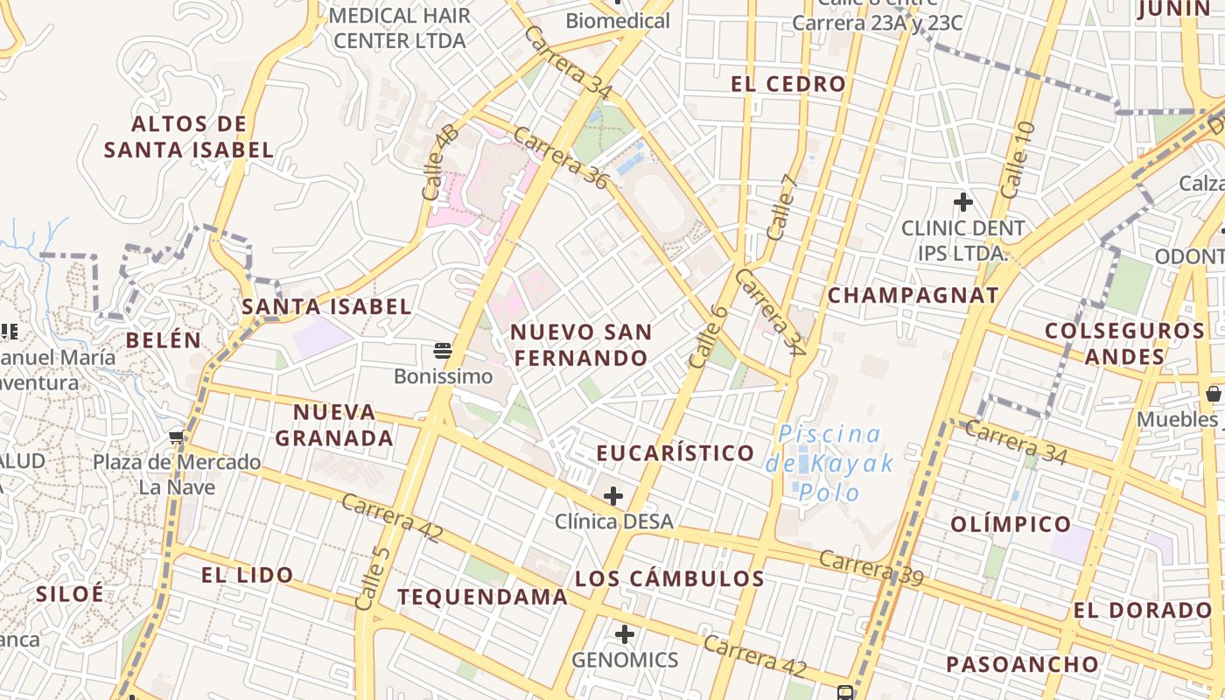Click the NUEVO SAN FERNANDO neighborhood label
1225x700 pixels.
pyautogui.click(x=581, y=345)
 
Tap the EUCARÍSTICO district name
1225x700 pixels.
pyautogui.click(x=675, y=453)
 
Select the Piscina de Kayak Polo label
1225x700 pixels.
pyautogui.click(x=829, y=463)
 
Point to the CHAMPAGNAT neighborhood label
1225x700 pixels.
pyautogui.click(x=913, y=295)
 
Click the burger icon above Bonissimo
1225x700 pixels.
pyautogui.click(x=443, y=352)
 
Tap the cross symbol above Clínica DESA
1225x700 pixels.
pyautogui.click(x=613, y=497)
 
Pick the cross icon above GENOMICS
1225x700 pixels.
pyautogui.click(x=625, y=634)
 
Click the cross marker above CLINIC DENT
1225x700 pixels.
pyautogui.click(x=963, y=203)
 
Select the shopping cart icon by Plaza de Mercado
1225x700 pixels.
pyautogui.click(x=177, y=437)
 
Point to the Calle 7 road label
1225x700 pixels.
pyautogui.click(x=782, y=207)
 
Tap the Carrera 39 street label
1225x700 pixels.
pyautogui.click(x=871, y=569)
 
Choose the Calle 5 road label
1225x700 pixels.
pyautogui.click(x=372, y=578)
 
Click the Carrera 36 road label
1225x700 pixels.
pyautogui.click(x=560, y=158)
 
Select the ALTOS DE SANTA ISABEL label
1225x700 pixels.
pyautogui.click(x=189, y=136)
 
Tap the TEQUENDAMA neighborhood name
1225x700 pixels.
pyautogui.click(x=482, y=597)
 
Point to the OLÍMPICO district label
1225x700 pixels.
pyautogui.click(x=1010, y=524)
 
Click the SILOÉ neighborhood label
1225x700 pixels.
pyautogui.click(x=70, y=593)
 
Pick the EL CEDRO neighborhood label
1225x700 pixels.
pyautogui.click(x=788, y=84)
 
